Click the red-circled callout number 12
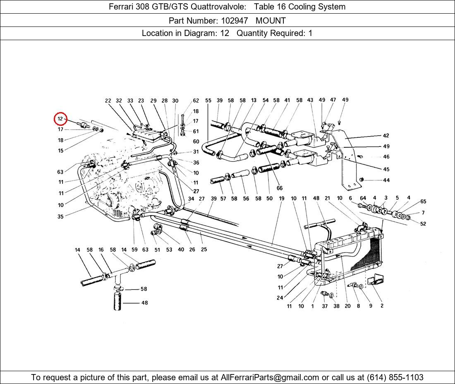[60, 119]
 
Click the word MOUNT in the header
[271, 20]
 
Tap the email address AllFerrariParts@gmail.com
[270, 377]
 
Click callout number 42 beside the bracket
[386, 136]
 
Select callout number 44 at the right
[386, 180]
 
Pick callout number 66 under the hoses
[280, 188]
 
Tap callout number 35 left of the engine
[61, 216]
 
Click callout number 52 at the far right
[423, 224]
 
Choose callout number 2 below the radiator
[382, 306]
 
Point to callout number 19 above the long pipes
[281, 199]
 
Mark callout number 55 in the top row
[208, 101]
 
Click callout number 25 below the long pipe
[204, 250]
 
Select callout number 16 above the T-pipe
[101, 250]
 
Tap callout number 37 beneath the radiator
[325, 306]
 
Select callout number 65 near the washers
[423, 202]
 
